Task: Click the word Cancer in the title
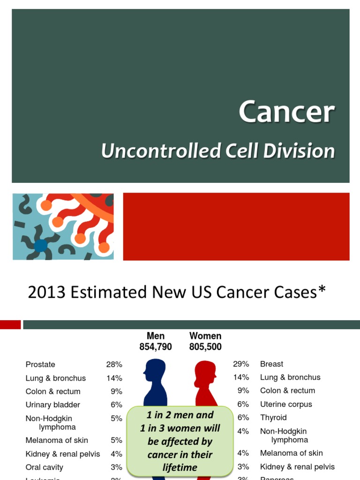coord(286,112)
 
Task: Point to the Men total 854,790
coord(156,347)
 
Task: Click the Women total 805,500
coord(205,347)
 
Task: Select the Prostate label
coord(40,364)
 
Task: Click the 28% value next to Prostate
coord(114,364)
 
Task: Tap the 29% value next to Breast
coord(241,364)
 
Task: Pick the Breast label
coord(272,364)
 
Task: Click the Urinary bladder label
coord(53,405)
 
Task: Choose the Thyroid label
coord(273,417)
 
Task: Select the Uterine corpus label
coord(286,404)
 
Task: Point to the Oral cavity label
coord(45,467)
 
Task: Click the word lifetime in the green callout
coord(180,467)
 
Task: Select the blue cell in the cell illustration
coord(41,245)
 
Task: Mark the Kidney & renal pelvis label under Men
coord(63,454)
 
